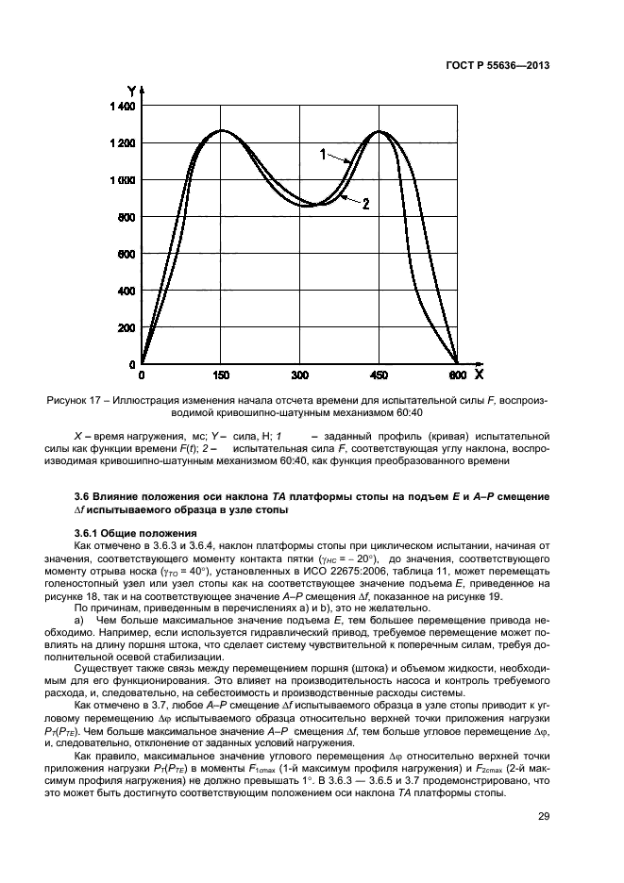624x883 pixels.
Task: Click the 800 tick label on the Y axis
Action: click(x=126, y=218)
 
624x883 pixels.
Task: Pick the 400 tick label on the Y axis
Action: click(x=126, y=292)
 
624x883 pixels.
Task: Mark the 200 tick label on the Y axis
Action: click(x=126, y=328)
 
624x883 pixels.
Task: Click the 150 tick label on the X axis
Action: click(x=221, y=375)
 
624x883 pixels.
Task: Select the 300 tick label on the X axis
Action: click(x=300, y=375)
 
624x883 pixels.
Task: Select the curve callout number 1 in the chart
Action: click(x=322, y=155)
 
